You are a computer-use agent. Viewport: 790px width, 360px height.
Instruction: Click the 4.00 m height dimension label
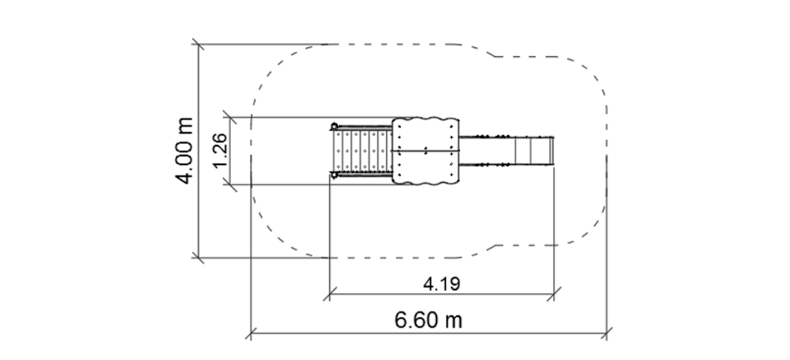pyautogui.click(x=185, y=151)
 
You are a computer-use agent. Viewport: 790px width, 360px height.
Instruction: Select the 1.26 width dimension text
pyautogui.click(x=219, y=151)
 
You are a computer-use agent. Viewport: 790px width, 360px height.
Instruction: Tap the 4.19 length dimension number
pyautogui.click(x=442, y=284)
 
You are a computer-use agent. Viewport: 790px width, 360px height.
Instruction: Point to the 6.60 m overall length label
pyautogui.click(x=428, y=320)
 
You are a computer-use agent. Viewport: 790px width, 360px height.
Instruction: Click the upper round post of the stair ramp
pyautogui.click(x=334, y=126)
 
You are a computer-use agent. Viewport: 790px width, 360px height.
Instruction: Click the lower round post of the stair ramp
pyautogui.click(x=334, y=175)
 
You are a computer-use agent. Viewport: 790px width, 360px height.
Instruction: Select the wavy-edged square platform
pyautogui.click(x=426, y=151)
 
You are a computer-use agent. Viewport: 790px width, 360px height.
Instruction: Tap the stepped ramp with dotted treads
pyautogui.click(x=363, y=151)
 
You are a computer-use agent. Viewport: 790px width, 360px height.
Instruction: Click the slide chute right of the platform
pyautogui.click(x=506, y=151)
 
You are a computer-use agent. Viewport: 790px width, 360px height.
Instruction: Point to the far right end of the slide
pyautogui.click(x=554, y=151)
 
